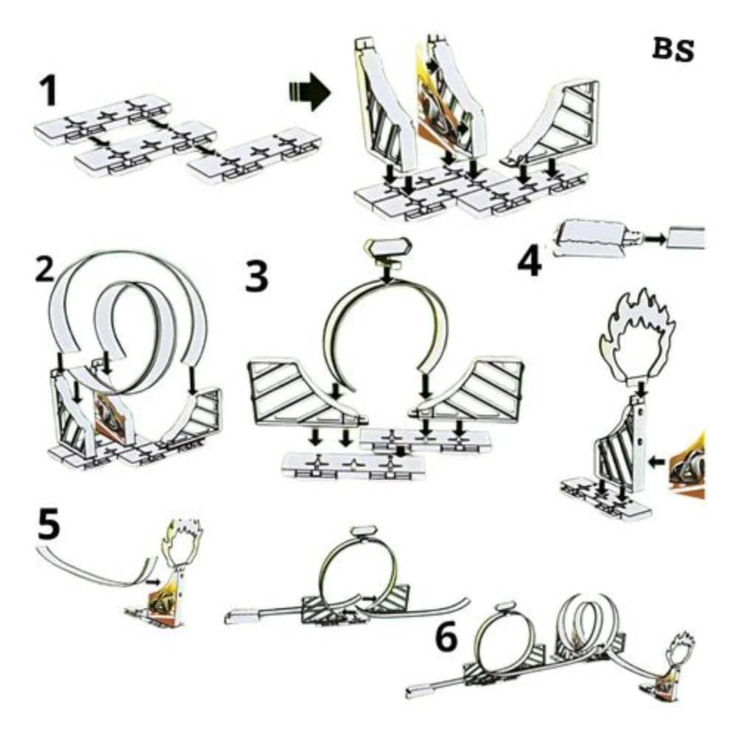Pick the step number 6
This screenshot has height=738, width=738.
point(448,639)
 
